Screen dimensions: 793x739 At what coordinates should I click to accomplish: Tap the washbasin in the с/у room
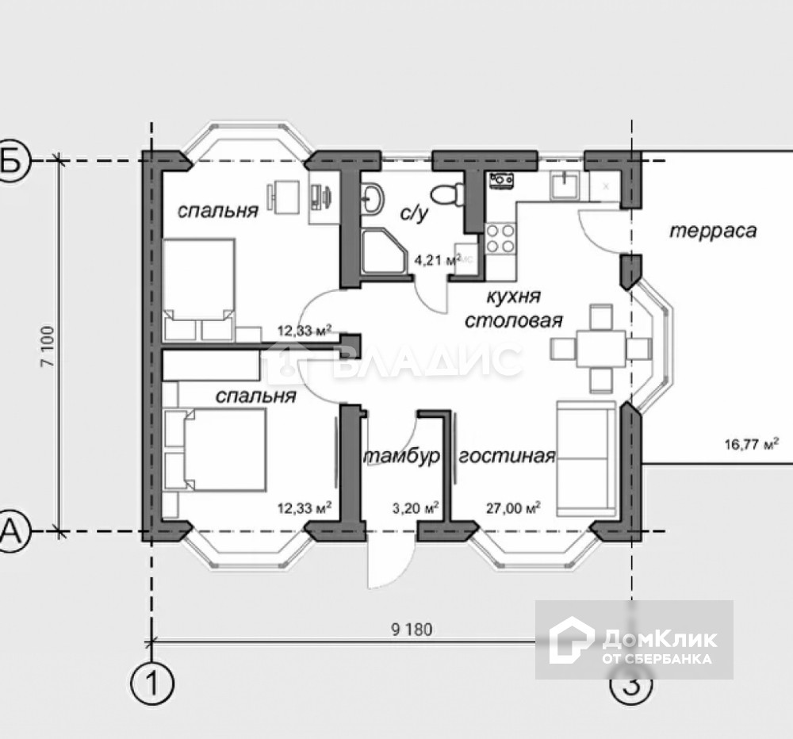point(373,197)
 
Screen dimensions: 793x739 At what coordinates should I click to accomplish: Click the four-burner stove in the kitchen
point(500,238)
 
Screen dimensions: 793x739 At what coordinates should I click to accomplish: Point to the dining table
point(601,349)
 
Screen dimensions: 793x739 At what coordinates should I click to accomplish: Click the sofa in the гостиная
point(586,458)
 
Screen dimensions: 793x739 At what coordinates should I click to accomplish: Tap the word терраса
point(713,231)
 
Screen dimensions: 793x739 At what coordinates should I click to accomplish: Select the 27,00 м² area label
point(513,507)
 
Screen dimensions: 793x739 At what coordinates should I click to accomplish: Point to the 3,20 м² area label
point(416,507)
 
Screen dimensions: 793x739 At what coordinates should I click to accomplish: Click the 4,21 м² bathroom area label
point(438,260)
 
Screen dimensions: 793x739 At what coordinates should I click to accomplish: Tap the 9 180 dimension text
point(412,630)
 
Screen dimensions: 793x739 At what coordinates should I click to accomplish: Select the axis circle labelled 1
point(151,683)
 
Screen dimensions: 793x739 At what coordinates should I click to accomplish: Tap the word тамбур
point(402,457)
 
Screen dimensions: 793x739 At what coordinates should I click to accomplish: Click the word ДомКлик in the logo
point(659,639)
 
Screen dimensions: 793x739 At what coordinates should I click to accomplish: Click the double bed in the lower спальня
point(216,449)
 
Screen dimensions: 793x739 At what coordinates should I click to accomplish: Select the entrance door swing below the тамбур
point(387,561)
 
